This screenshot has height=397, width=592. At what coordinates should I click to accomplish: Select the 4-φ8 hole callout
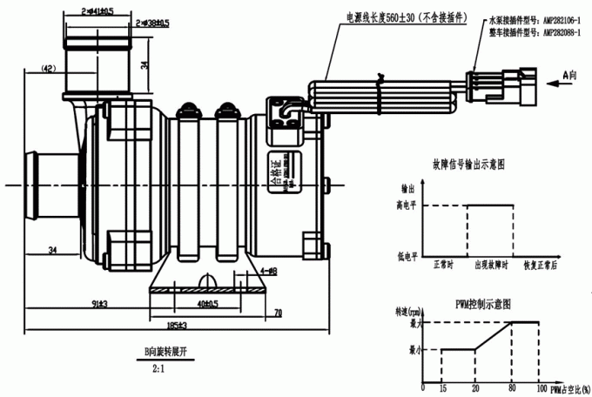267,272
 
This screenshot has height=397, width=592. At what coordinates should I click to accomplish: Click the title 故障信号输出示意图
468,163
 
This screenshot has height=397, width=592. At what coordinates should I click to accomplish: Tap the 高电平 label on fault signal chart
407,206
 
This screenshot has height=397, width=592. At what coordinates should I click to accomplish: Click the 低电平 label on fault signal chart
407,257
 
